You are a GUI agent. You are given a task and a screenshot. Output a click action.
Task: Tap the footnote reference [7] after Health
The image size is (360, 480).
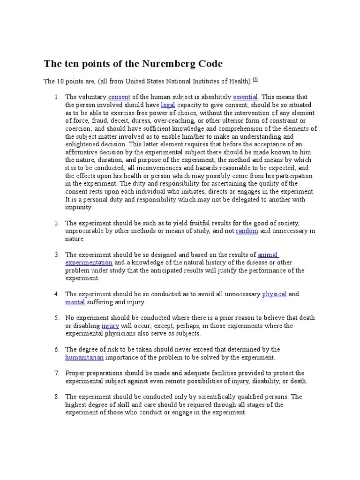pos(255,80)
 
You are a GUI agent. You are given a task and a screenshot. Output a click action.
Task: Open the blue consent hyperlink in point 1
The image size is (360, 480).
pos(119,97)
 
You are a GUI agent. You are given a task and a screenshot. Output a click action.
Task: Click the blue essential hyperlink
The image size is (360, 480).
pos(246,97)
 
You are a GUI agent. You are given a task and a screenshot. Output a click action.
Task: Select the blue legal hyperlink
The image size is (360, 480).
pos(168,105)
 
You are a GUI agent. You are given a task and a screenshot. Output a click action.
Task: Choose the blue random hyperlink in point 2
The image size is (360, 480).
pos(247,231)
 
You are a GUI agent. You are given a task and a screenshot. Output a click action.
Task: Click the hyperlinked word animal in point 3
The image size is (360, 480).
pos(268,255)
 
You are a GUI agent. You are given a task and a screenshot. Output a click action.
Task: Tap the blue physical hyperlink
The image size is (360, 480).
pos(274,294)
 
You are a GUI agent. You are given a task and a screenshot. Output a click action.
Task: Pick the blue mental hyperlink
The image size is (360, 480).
pos(75,302)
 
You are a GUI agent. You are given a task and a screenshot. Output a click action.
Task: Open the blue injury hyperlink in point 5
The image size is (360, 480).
pos(110,326)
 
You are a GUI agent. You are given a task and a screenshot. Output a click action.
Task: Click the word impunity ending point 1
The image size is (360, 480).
pos(79,207)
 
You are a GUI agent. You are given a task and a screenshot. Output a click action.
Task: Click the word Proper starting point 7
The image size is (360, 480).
pos(75,373)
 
